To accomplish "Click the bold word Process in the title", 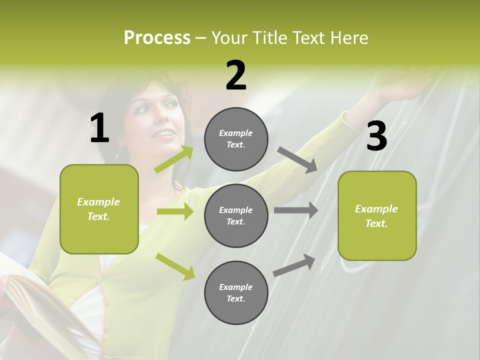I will (157, 38).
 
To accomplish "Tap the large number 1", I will (99, 128).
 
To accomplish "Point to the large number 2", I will (236, 75).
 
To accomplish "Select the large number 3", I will (376, 136).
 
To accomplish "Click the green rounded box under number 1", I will (99, 209).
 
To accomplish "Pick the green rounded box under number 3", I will (377, 216).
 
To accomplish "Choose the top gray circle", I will (236, 139).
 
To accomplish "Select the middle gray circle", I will (236, 215).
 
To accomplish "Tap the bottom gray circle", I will (236, 292).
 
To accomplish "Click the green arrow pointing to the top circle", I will (174, 159).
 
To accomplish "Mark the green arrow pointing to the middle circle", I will (175, 211).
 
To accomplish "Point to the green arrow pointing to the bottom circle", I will (175, 266).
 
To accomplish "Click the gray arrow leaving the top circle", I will (297, 159).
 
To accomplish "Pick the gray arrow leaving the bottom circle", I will (294, 265).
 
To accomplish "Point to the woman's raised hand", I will (405, 87).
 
